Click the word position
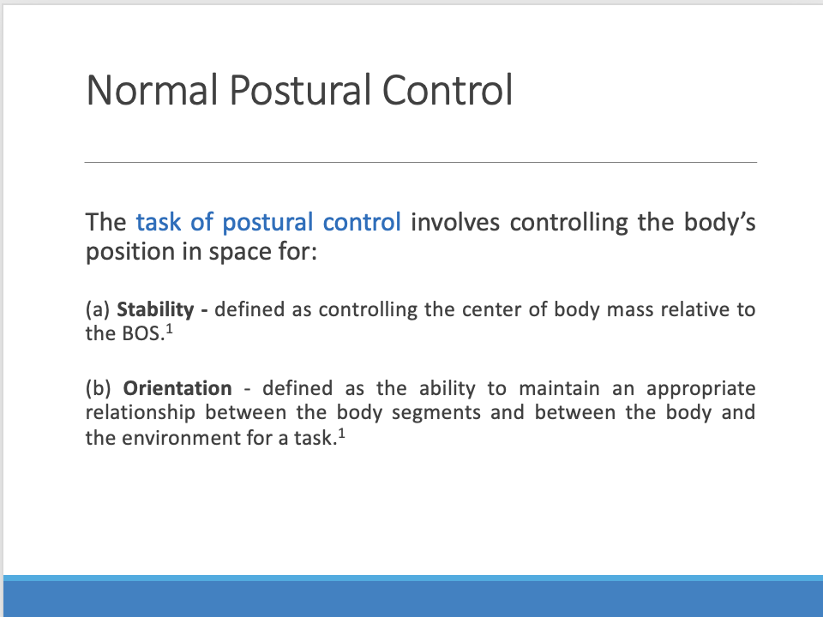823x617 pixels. click(x=121, y=255)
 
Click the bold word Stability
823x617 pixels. click(x=155, y=309)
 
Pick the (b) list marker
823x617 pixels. click(x=99, y=388)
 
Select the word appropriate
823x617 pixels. click(x=700, y=388)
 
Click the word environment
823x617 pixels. click(x=183, y=438)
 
